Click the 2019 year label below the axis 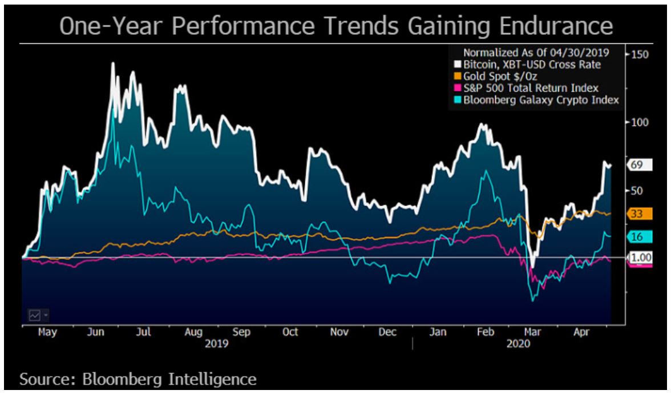click(x=216, y=344)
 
